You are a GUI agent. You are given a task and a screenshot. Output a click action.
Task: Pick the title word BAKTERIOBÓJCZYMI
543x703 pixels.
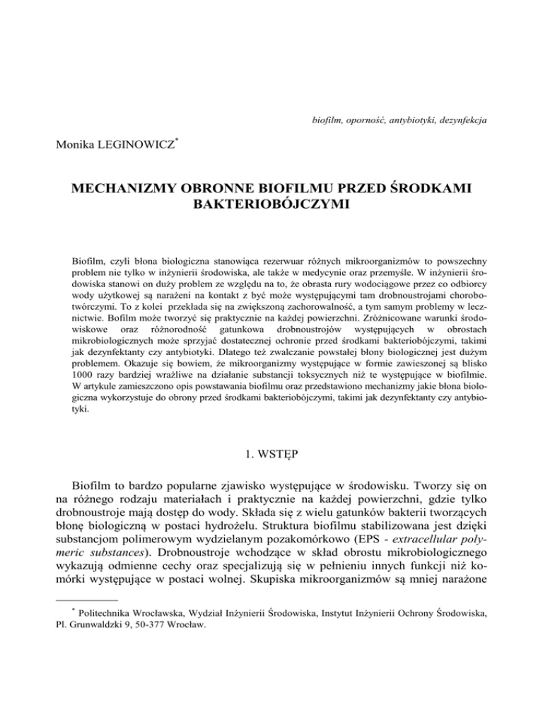pyautogui.click(x=271, y=204)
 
